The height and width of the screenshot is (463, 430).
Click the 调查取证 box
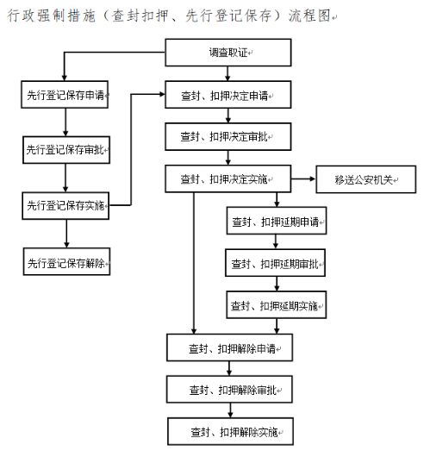point(228,53)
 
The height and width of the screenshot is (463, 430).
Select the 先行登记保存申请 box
point(65,95)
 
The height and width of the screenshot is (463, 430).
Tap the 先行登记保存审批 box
point(66,150)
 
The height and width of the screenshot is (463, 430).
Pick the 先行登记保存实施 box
point(65,205)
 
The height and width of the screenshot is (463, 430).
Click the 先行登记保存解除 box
point(66,261)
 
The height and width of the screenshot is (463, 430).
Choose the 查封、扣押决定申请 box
point(228,95)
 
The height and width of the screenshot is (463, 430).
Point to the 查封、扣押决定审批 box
point(228,137)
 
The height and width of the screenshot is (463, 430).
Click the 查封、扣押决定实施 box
point(228,179)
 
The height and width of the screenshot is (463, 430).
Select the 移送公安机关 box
point(366,179)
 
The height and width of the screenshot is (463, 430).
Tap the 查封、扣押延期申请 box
point(277,221)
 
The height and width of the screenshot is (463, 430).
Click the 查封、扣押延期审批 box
point(276,263)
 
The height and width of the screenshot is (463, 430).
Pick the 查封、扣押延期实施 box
point(277,304)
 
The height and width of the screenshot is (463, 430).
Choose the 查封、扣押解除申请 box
point(229,347)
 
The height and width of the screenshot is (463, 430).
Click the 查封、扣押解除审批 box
point(229,389)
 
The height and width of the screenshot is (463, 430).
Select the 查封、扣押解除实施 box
point(230,431)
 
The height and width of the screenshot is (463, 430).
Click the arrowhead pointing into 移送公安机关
point(313,178)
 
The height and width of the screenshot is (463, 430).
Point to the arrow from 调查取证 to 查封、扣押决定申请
point(227,73)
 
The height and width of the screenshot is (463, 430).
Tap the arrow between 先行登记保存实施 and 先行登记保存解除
point(66,234)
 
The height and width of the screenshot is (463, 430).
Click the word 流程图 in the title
point(309,16)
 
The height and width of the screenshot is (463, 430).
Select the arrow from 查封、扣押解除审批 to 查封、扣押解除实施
point(230,410)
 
